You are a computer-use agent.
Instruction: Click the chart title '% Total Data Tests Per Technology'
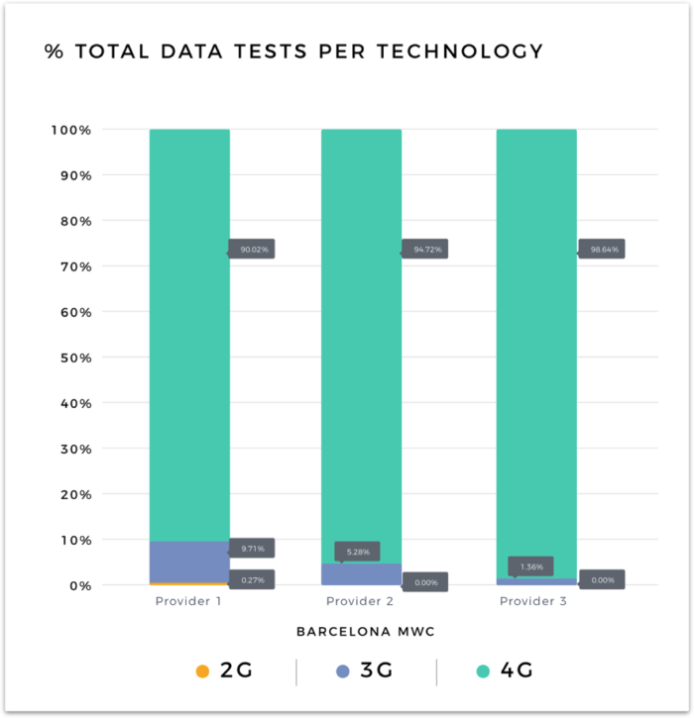tap(293, 51)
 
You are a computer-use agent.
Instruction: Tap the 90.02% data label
tap(253, 250)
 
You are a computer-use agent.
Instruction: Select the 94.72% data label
tap(425, 250)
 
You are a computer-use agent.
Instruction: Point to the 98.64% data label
tap(603, 250)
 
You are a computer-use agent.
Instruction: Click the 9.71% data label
tap(253, 548)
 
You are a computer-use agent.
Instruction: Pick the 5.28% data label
tap(356, 551)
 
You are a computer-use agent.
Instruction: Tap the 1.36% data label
tap(531, 566)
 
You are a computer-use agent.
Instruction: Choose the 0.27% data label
tap(253, 579)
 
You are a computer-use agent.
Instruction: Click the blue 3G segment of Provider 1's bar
tap(189, 562)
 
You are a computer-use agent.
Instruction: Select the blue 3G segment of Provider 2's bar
tap(361, 574)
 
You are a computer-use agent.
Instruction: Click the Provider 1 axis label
tap(187, 601)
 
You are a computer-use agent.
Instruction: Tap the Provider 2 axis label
tap(361, 601)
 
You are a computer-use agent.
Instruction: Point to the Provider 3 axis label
tap(535, 601)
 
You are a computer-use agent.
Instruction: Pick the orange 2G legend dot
tap(203, 671)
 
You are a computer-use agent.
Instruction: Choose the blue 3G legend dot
tap(344, 671)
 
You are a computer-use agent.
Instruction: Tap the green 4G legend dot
tap(483, 671)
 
